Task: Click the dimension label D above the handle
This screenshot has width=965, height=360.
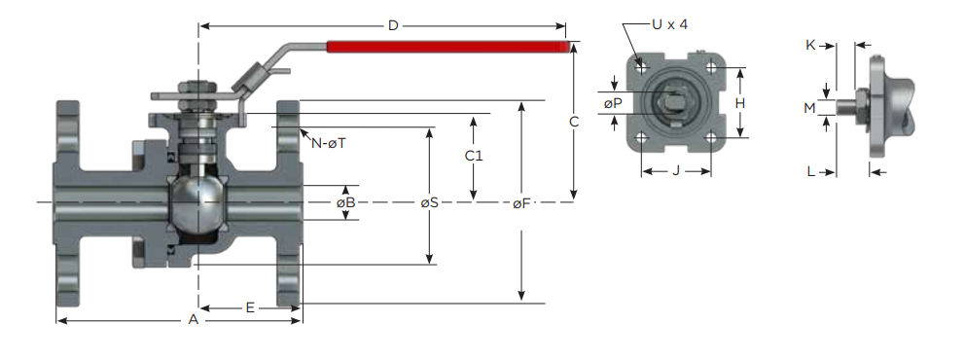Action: click(393, 25)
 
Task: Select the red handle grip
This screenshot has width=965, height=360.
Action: click(447, 45)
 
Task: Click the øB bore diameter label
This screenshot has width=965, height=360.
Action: click(345, 202)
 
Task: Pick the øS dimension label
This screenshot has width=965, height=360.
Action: click(429, 202)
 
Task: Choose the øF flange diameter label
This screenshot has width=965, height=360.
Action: click(522, 203)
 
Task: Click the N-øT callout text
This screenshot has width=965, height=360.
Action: click(328, 143)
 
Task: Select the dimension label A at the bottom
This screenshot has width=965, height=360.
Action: click(193, 319)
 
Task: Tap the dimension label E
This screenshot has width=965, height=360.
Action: click(250, 307)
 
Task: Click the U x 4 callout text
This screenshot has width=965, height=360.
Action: click(669, 23)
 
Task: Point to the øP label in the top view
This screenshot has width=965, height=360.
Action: click(612, 102)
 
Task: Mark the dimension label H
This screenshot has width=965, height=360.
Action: click(740, 102)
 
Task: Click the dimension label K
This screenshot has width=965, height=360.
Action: click(810, 45)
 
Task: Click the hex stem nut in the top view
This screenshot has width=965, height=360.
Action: click(675, 101)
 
